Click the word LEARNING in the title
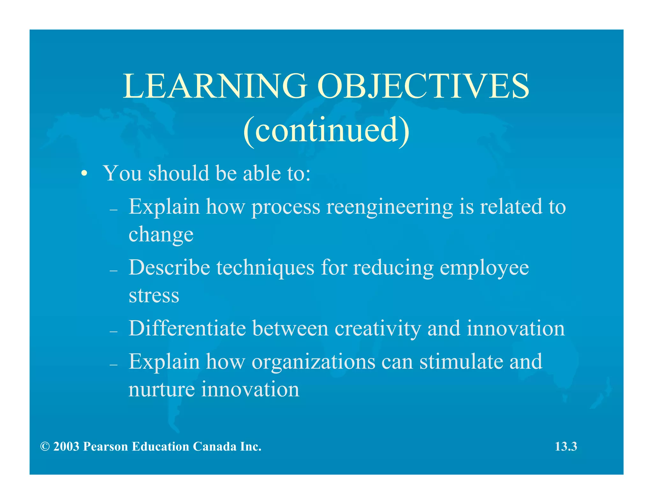pos(215,86)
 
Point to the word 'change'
pos(161,235)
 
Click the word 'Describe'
pos(169,268)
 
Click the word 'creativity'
pos(378,328)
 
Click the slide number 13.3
pos(566,447)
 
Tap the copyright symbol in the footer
pos(45,447)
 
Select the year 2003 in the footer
pos(66,447)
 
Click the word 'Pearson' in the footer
pos(105,447)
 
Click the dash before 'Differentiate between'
pos(114,332)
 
